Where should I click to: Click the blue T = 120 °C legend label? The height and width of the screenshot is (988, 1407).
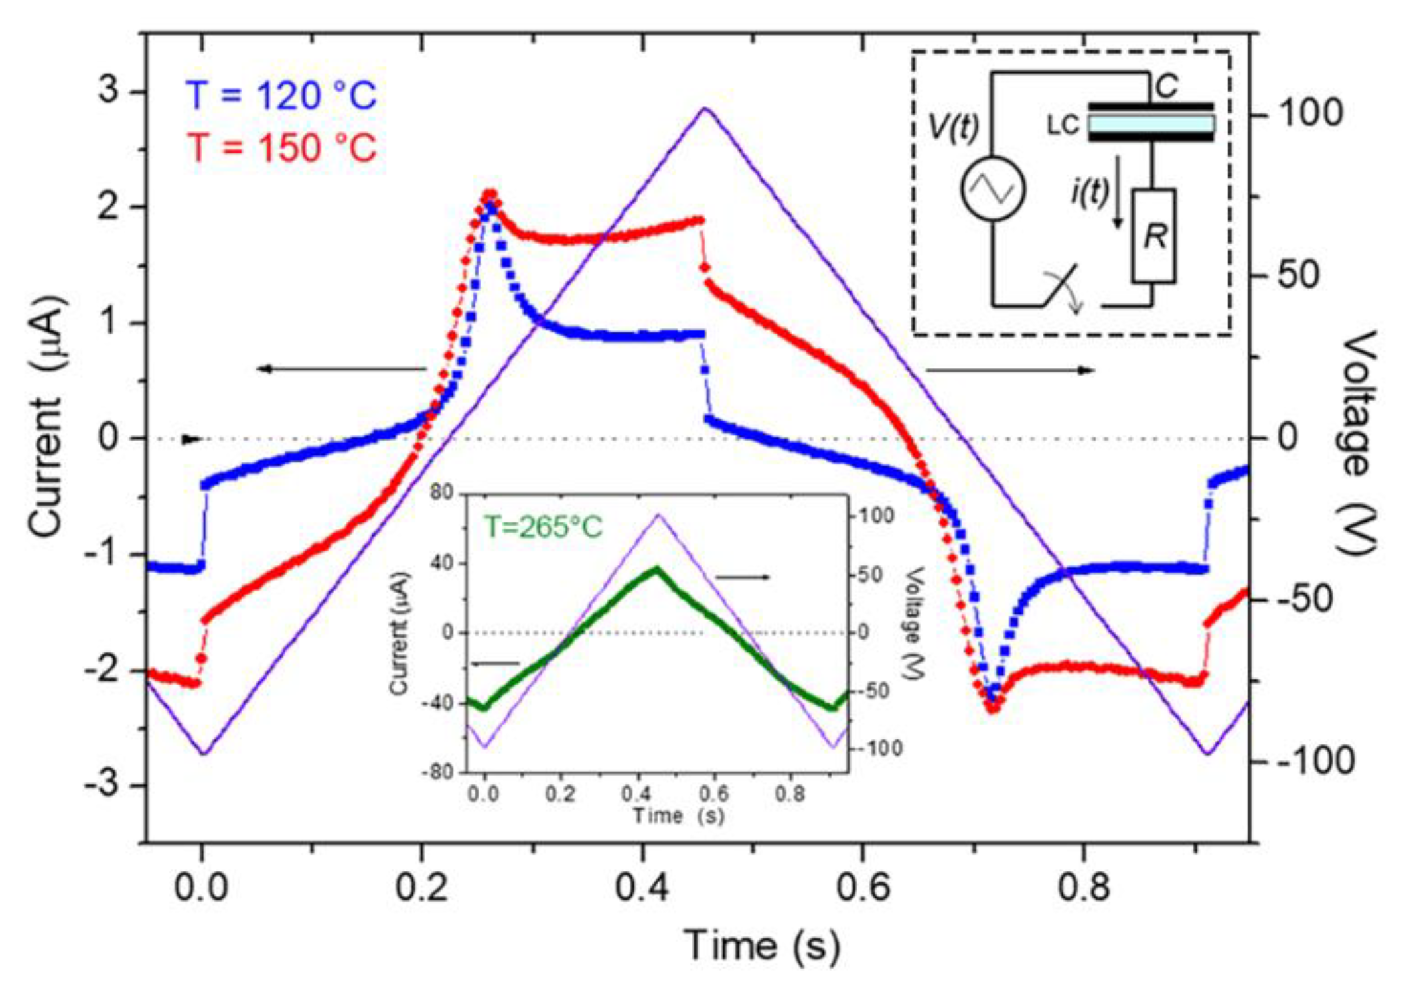pos(281,96)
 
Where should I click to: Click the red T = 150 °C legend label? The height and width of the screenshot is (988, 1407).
pos(281,147)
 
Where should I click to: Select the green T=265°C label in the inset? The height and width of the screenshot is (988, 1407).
pos(543,528)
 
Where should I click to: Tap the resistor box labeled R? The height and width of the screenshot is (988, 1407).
pos(1153,236)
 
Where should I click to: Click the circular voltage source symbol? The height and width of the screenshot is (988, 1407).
pos(993,189)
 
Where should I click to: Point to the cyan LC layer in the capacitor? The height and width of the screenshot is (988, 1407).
pos(1151,123)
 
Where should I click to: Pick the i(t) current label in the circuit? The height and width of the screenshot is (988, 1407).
pos(1089,192)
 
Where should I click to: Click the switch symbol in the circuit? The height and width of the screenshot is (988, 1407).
pos(1062,287)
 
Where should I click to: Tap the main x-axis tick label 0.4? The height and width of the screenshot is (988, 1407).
pos(641,888)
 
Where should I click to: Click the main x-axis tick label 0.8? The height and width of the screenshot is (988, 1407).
pos(1083,888)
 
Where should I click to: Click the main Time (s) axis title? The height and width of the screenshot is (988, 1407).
pos(762,945)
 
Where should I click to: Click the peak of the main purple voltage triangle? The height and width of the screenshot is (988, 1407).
pos(705,109)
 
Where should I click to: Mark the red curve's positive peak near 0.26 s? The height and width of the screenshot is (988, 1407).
pos(490,194)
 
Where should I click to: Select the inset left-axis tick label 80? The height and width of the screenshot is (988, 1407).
pos(441,492)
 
